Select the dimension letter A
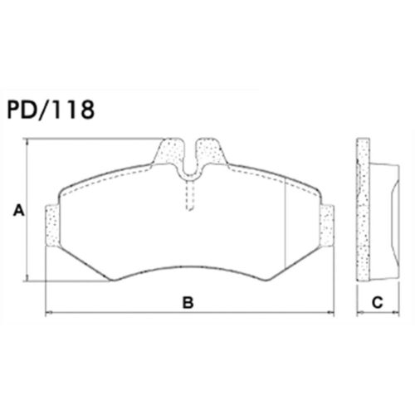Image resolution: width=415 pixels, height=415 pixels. (18, 212)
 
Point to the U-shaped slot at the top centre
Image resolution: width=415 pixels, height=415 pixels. (189, 162)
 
